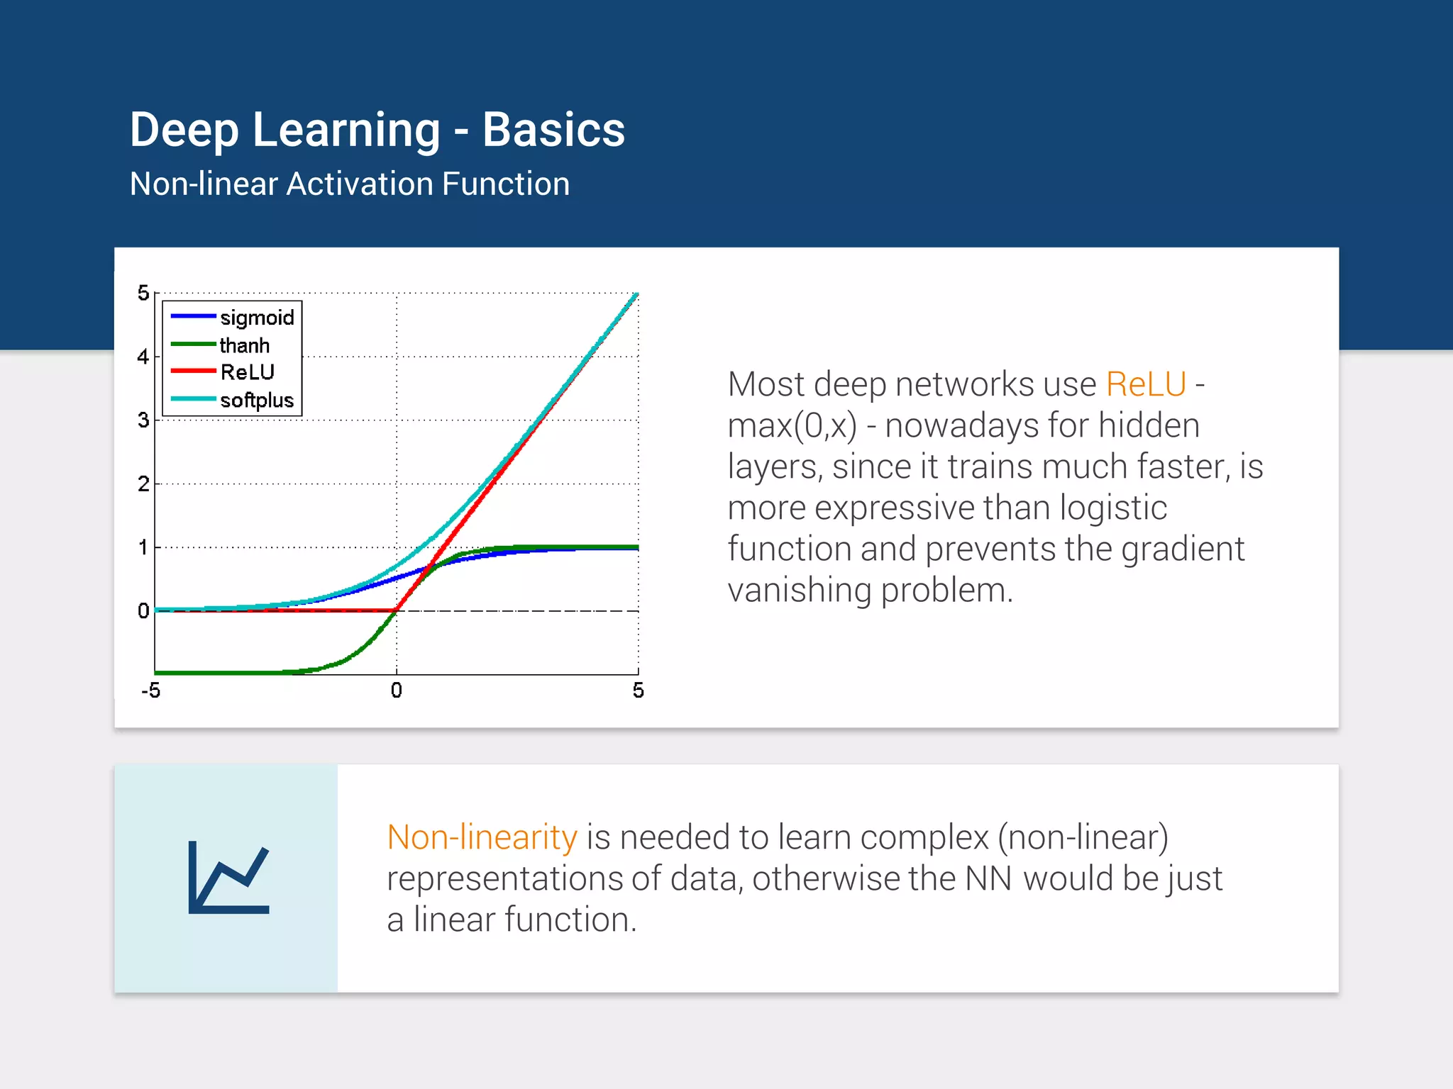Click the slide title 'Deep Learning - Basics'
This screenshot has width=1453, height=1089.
(377, 130)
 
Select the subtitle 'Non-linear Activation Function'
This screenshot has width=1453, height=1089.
(350, 184)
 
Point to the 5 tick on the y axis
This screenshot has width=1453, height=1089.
(143, 293)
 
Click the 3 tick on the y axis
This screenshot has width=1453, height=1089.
(143, 420)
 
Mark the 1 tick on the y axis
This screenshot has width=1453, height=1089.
(143, 547)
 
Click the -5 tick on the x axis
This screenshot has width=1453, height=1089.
(150, 691)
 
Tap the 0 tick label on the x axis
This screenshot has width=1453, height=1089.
(396, 691)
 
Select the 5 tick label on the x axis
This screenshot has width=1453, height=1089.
(638, 691)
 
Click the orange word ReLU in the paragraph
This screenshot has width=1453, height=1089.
(1145, 384)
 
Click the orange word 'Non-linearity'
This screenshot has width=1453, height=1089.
(482, 837)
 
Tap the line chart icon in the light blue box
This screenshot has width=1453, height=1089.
(228, 878)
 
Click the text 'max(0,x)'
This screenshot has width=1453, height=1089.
(792, 425)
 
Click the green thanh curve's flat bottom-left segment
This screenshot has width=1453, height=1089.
(213, 672)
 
